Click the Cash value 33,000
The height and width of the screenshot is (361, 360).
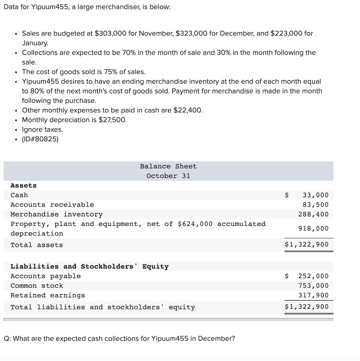tap(316, 195)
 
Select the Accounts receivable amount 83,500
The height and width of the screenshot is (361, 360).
tap(316, 204)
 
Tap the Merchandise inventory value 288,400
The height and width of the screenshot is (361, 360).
tap(313, 214)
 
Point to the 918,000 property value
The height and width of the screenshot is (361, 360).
tap(313, 228)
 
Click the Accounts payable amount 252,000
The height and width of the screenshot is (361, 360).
tap(313, 276)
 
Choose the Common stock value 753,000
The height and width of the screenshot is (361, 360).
tap(313, 286)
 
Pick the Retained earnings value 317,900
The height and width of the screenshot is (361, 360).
tap(313, 295)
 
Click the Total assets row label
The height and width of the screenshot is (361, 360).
tap(37, 245)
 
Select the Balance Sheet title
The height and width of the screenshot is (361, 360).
tap(168, 166)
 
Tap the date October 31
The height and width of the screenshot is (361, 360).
tap(168, 176)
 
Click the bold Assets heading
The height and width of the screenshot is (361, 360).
tap(24, 185)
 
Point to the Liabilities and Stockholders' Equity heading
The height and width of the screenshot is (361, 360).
tap(90, 267)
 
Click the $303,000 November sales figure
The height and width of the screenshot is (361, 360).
tap(111, 33)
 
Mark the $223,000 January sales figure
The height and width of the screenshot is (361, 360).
tap(286, 33)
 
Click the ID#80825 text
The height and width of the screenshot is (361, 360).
tap(40, 139)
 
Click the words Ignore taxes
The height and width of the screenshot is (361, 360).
tap(42, 129)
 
